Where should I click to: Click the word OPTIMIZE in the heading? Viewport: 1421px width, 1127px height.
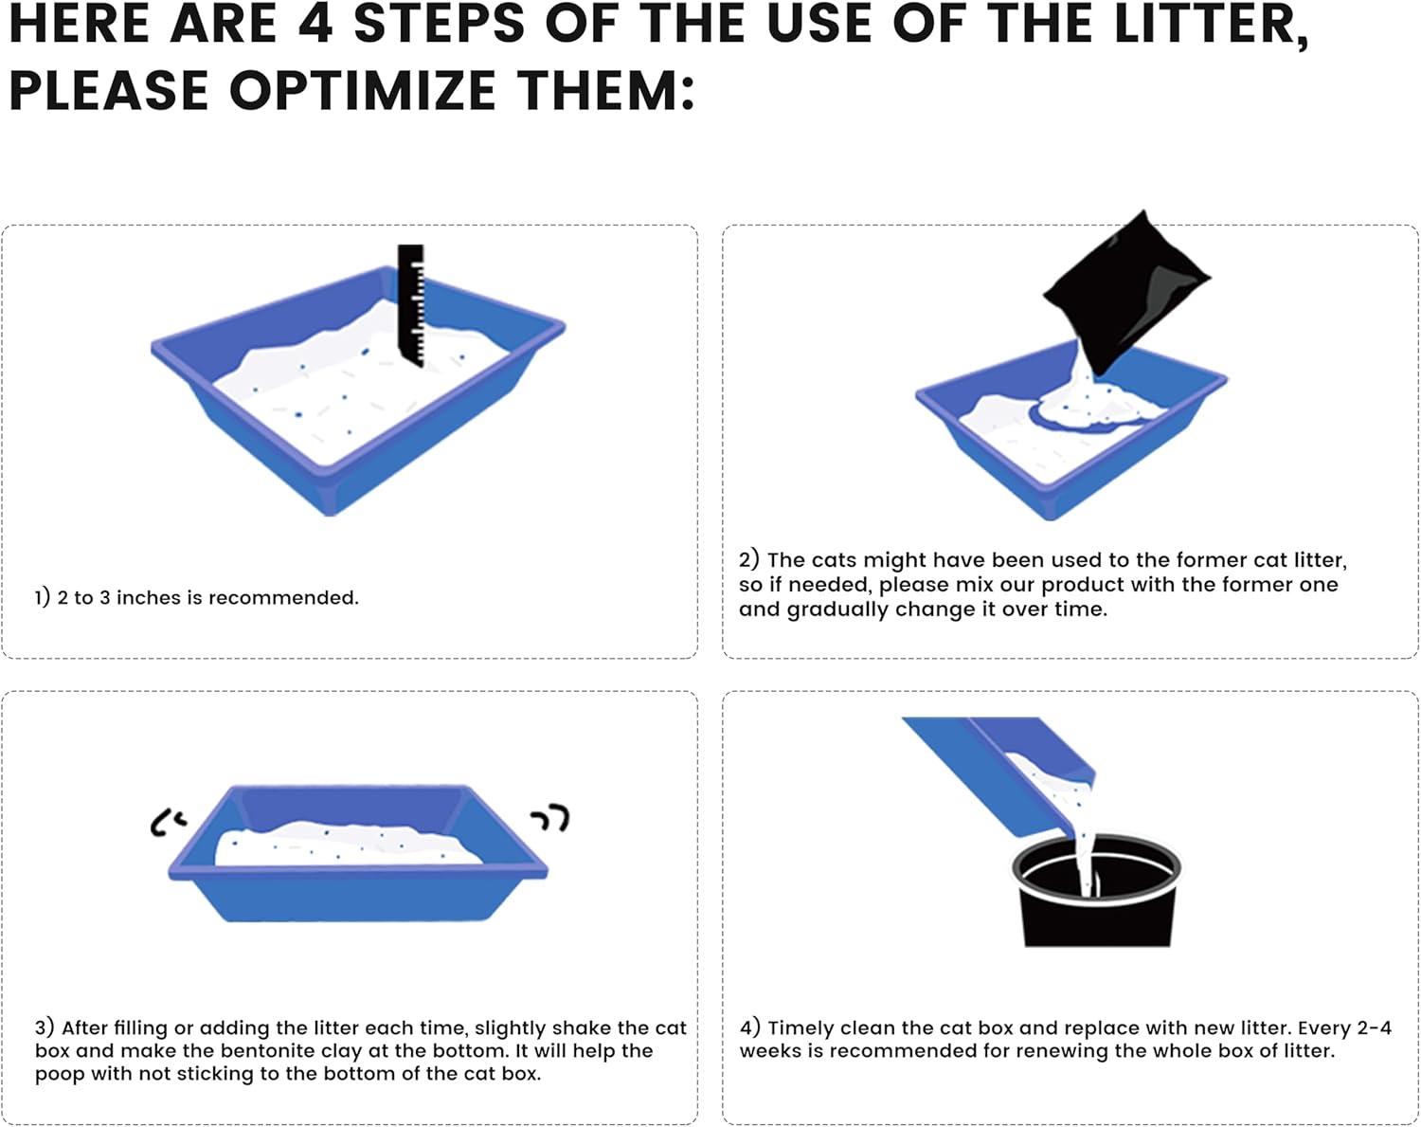click(363, 90)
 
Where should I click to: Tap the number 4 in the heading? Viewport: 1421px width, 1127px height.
click(315, 23)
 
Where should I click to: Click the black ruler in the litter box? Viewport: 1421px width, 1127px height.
click(411, 305)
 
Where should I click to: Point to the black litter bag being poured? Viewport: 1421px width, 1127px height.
click(1125, 291)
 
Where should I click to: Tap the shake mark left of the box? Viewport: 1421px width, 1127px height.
click(167, 822)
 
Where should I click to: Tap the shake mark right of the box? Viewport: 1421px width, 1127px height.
click(550, 817)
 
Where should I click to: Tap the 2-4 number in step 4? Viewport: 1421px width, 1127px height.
click(1375, 1027)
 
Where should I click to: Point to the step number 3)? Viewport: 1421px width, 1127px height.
click(45, 1027)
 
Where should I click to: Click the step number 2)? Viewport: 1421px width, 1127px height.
click(749, 559)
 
